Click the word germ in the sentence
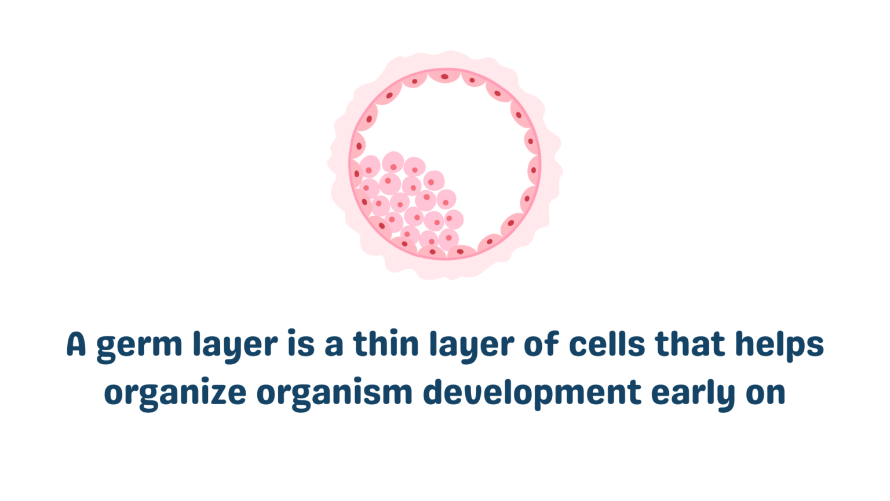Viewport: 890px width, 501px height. tap(139, 346)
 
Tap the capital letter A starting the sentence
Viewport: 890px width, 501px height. tap(76, 344)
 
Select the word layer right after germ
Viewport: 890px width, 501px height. tap(235, 346)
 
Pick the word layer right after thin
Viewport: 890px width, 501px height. tap(471, 346)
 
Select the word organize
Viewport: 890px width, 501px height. tap(175, 394)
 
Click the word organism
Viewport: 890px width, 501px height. tap(334, 394)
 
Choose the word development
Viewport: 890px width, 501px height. tap(532, 394)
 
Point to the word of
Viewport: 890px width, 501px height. tap(541, 344)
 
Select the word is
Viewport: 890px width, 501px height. tap(301, 344)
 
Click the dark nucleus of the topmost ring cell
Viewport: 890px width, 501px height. tap(444, 77)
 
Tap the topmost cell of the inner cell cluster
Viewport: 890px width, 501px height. tap(393, 163)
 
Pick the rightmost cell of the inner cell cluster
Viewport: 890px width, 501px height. tap(454, 219)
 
